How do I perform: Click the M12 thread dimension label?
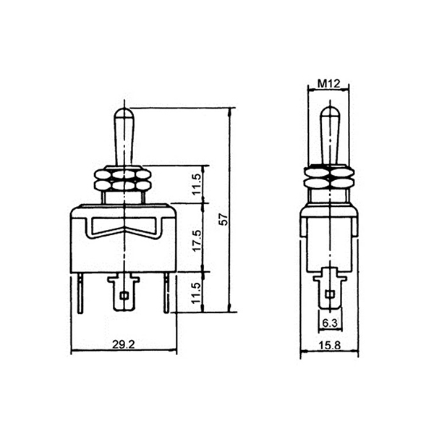[328, 83]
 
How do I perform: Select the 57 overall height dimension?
[225, 219]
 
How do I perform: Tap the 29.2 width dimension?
[124, 344]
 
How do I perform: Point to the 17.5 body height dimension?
[197, 240]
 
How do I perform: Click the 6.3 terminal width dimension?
[330, 323]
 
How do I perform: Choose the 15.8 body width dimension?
[329, 345]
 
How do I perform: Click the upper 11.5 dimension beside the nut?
[196, 184]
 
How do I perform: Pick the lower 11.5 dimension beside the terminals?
[196, 293]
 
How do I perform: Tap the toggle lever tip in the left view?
[124, 109]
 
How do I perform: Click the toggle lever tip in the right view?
[329, 107]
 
